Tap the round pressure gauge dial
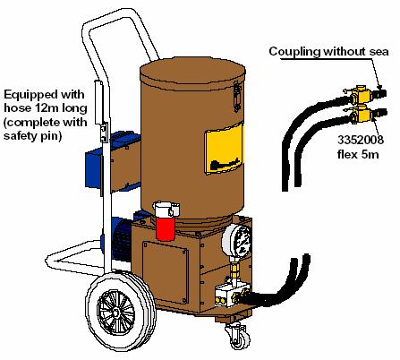pyautogui.click(x=237, y=240)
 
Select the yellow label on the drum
pyautogui.click(x=224, y=150)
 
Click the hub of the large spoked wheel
pyautogui.click(x=115, y=313)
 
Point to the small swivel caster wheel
pyautogui.click(x=238, y=338)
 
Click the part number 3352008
pyautogui.click(x=361, y=140)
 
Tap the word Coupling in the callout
pyautogui.click(x=295, y=51)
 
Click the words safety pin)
pyautogui.click(x=32, y=136)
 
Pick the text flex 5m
pyautogui.click(x=358, y=154)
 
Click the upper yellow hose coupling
pyautogui.click(x=361, y=94)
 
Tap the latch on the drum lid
pyautogui.click(x=237, y=96)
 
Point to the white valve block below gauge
pyautogui.click(x=229, y=296)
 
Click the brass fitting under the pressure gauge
pyautogui.click(x=235, y=270)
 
